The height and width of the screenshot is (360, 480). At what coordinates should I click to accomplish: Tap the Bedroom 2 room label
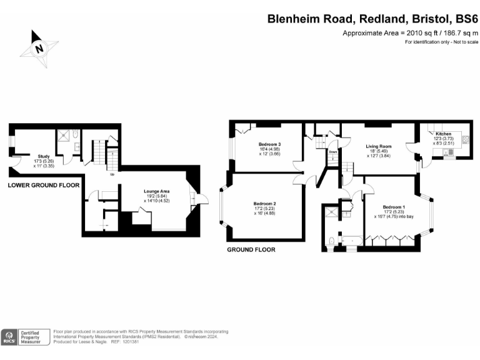(265, 204)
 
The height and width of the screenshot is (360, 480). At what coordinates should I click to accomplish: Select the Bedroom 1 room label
(394, 207)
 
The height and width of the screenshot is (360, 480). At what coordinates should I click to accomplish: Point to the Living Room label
(378, 146)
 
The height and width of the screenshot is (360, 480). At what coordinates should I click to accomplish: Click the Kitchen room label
(443, 134)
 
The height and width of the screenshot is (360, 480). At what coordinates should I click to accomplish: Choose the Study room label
(43, 156)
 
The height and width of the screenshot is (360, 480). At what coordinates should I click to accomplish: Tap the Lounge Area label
(157, 191)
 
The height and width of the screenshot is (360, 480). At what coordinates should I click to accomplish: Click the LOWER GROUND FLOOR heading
(44, 186)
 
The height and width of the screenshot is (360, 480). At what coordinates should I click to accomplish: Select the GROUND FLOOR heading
(251, 249)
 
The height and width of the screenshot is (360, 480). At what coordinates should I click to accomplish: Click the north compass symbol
(39, 47)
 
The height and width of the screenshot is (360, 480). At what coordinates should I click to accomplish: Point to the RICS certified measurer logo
(25, 337)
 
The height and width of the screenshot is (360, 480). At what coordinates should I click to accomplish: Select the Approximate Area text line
(410, 32)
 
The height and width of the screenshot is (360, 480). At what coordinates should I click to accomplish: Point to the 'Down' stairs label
(333, 152)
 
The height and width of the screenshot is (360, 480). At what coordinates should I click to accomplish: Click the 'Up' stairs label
(112, 174)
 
